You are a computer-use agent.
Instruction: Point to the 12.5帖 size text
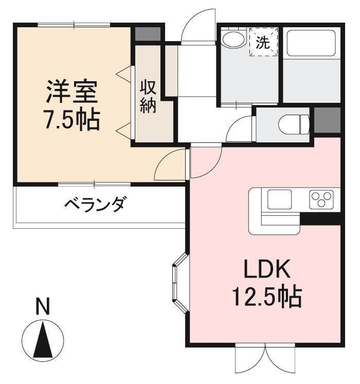(x=266, y=297)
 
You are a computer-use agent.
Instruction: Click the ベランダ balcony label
(x=94, y=205)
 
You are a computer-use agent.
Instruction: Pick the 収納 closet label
(x=148, y=96)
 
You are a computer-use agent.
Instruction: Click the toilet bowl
(x=293, y=124)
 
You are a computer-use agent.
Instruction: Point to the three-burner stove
(x=321, y=199)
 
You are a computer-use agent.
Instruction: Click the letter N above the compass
(x=43, y=307)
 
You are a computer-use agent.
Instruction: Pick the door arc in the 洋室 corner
(x=170, y=164)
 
